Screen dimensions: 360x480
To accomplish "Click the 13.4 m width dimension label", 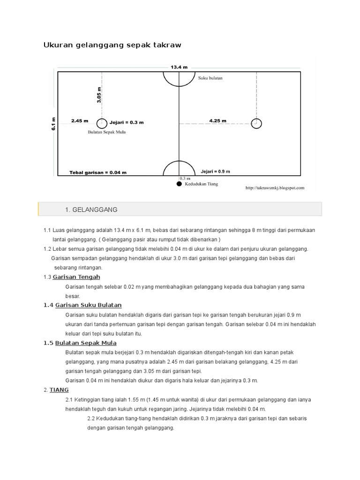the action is click(179, 67).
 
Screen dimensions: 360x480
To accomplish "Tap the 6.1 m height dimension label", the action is click(54, 123).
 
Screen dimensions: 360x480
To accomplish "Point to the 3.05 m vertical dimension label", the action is click(99, 95).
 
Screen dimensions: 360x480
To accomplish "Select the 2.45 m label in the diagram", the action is click(80, 121).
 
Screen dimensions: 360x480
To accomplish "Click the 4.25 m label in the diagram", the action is click(217, 121).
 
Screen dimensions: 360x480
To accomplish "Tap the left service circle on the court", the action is click(102, 123).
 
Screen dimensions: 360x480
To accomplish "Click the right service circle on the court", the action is click(256, 123).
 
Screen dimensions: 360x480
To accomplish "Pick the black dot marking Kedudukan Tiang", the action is click(179, 184).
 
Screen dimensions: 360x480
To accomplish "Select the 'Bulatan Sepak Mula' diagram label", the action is click(107, 132).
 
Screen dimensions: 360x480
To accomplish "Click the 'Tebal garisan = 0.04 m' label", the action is click(98, 172).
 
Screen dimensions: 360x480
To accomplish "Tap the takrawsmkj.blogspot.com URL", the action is click(275, 188).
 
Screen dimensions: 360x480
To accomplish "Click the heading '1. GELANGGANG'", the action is click(91, 209).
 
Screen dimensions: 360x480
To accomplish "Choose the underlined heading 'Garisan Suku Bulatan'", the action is click(89, 305).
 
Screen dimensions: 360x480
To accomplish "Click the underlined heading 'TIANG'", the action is click(59, 390).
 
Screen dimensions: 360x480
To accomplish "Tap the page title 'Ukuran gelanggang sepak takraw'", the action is click(112, 45).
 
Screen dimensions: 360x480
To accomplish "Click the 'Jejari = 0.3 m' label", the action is click(127, 123).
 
